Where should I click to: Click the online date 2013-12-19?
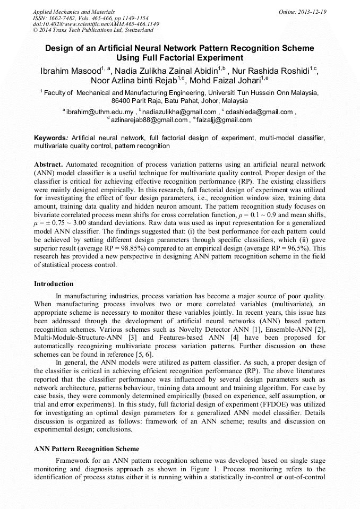tap(311, 12)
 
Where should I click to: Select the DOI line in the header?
tap(96, 24)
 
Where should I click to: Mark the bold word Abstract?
tap(49, 165)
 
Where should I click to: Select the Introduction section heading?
tap(54, 284)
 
